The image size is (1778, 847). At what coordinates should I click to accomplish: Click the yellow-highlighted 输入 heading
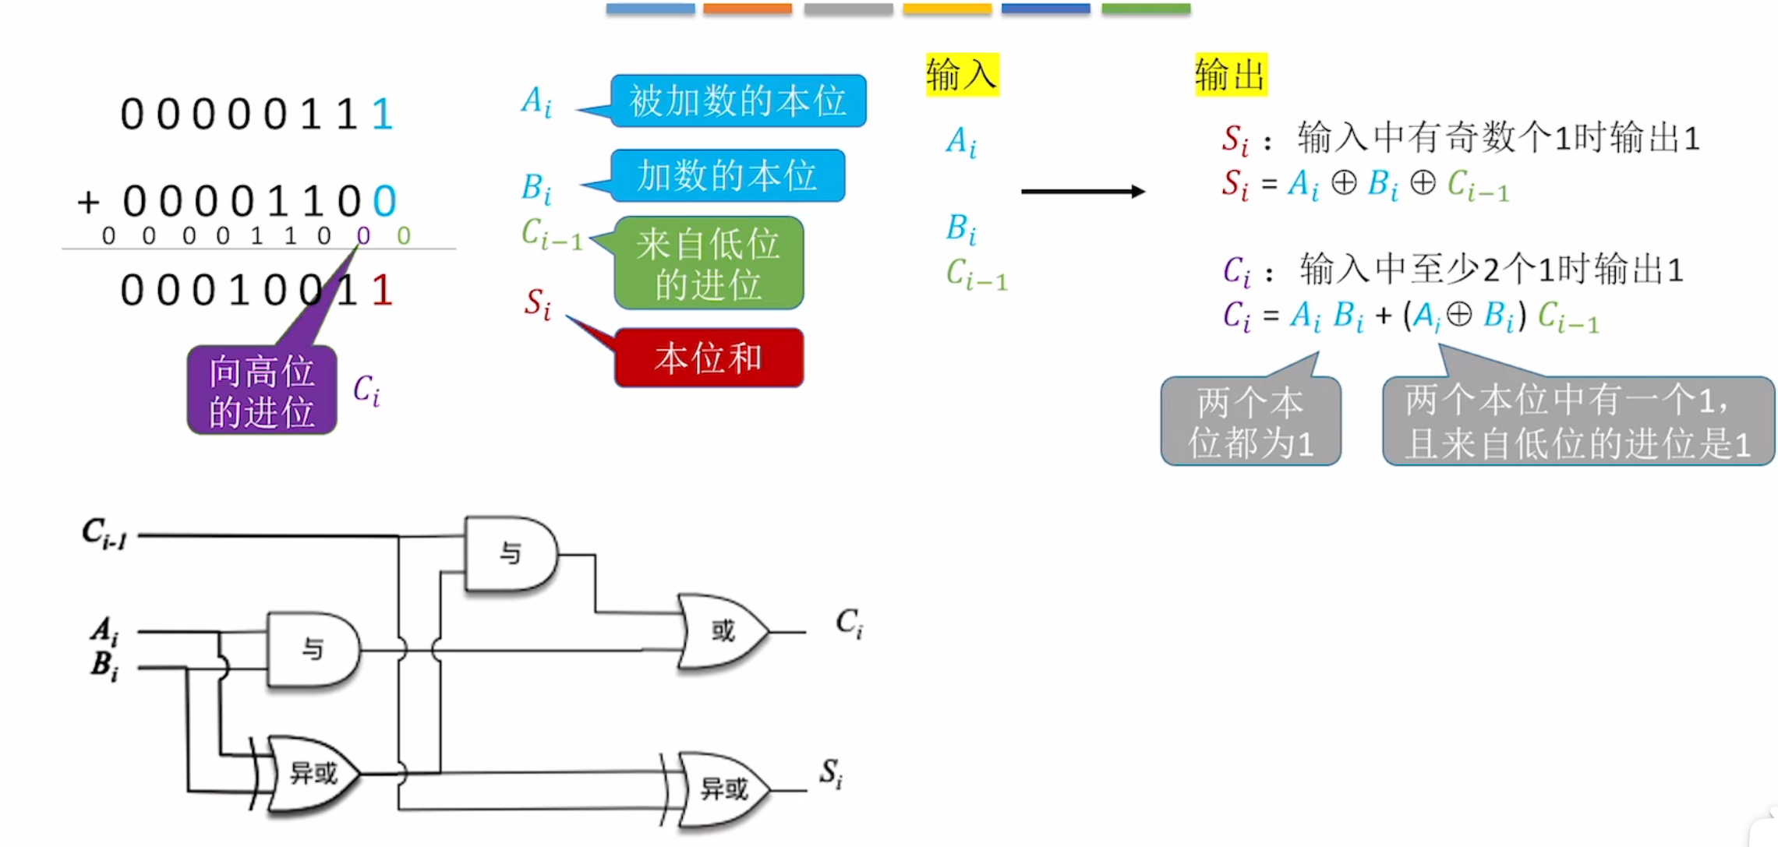pos(962,75)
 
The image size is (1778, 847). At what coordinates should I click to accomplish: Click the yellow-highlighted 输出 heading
pos(1231,75)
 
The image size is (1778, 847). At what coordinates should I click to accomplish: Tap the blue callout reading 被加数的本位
pos(737,101)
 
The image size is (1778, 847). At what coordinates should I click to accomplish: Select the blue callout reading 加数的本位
pos(726,175)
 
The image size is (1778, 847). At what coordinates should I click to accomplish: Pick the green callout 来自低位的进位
pos(708,263)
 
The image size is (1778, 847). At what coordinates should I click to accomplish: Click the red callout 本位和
pos(708,358)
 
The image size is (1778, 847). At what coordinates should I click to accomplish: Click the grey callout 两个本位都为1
pos(1250,422)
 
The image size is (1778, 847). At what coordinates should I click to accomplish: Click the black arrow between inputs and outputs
pos(1082,191)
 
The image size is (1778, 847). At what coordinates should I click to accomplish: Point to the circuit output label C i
pos(849,623)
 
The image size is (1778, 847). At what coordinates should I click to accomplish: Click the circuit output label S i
pos(831,773)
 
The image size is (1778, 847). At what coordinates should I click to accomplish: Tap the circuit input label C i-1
pos(104,534)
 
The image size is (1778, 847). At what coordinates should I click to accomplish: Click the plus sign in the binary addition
pos(88,203)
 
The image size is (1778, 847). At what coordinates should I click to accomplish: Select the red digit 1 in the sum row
pos(381,291)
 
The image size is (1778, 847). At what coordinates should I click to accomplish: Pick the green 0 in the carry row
pos(403,235)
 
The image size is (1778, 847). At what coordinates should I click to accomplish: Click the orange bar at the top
pos(747,9)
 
